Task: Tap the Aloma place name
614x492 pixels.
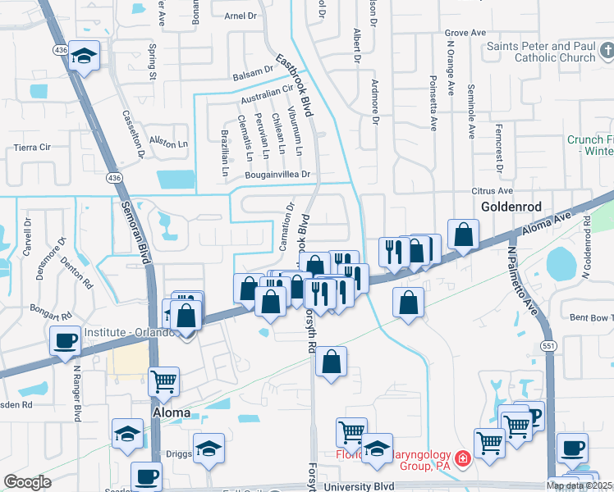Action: click(x=172, y=413)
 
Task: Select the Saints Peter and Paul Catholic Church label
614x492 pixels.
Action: click(x=541, y=52)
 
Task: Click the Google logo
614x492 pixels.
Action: click(x=27, y=482)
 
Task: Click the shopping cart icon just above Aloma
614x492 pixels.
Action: click(x=164, y=380)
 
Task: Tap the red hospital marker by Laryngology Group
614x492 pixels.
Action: click(x=463, y=458)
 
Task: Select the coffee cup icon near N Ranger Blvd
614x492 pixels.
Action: click(x=65, y=340)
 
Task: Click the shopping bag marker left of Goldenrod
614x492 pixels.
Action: click(x=464, y=235)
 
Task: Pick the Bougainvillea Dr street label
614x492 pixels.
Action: click(x=277, y=175)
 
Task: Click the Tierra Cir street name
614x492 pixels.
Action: click(x=33, y=148)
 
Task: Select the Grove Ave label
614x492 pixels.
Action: click(x=466, y=33)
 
